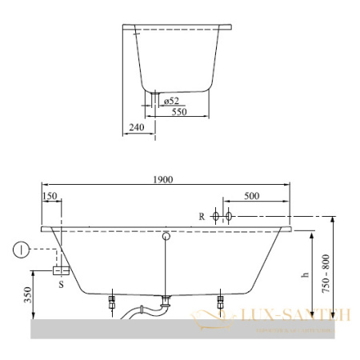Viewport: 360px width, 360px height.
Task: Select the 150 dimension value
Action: tap(50, 196)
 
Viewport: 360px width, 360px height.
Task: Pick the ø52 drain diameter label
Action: tap(171, 101)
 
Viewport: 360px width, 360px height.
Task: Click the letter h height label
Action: tap(304, 274)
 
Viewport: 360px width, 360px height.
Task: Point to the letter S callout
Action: tap(62, 282)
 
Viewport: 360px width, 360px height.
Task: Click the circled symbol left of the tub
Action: tap(19, 250)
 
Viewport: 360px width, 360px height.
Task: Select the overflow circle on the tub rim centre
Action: tap(166, 236)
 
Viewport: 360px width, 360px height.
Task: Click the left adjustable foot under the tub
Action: tap(113, 304)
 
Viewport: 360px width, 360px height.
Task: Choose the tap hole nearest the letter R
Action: tap(214, 216)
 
